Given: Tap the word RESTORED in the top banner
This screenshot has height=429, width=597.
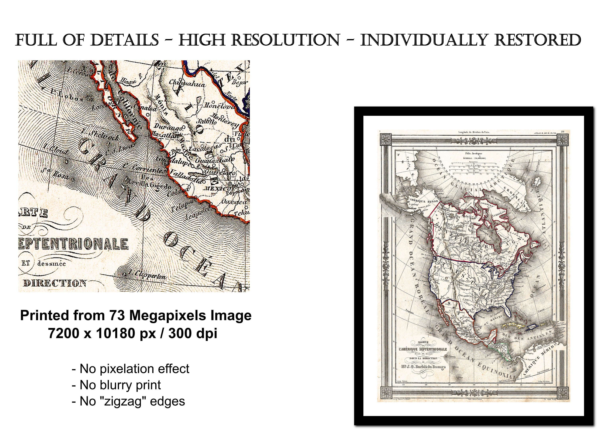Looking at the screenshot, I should [x=537, y=40].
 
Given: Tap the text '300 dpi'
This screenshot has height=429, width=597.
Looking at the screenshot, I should [x=193, y=333].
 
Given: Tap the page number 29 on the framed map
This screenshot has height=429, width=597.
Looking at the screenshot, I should [x=563, y=132].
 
